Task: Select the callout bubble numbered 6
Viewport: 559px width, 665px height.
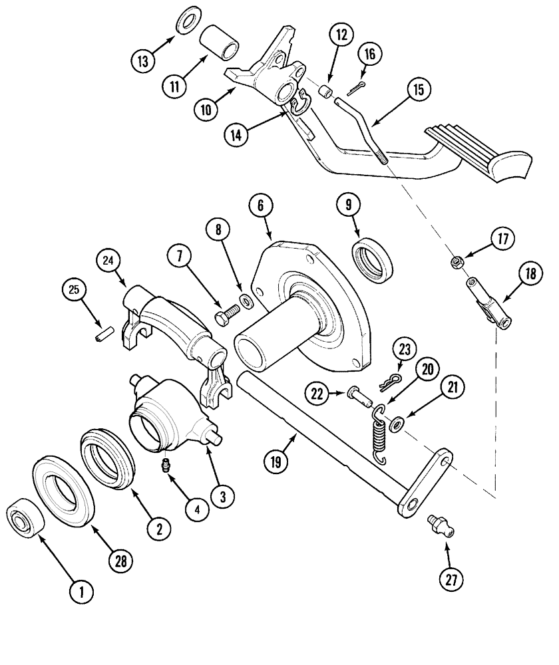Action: pos(260,207)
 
